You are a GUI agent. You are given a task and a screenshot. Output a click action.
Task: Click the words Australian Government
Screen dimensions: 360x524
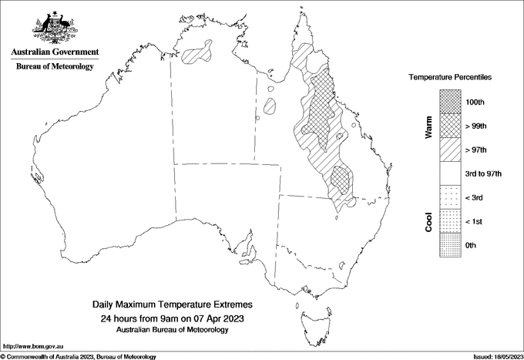coord(55,52)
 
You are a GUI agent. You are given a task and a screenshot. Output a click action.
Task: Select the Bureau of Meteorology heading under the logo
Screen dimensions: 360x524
coord(55,66)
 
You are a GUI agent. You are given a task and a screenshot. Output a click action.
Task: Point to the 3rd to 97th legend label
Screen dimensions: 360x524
coord(484,173)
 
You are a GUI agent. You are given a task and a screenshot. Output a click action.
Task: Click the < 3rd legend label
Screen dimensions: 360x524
coord(475,197)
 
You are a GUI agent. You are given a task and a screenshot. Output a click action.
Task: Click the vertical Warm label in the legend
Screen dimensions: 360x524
coord(429,128)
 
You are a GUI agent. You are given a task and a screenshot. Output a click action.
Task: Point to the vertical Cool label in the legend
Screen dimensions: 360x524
coord(429,221)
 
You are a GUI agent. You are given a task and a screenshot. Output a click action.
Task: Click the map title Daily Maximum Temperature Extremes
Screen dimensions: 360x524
coord(173,305)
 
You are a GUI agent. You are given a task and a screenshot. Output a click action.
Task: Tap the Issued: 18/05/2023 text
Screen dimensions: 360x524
coord(497,356)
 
